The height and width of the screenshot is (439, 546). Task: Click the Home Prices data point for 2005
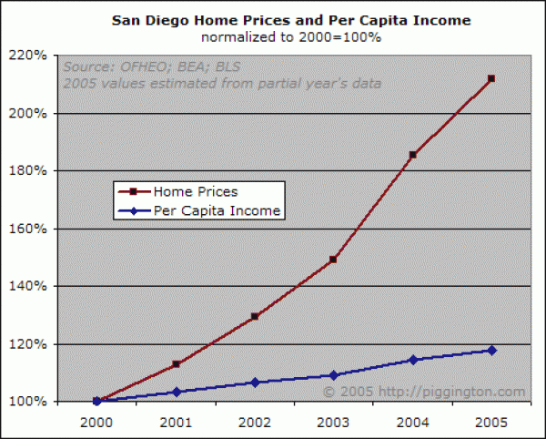[491, 79]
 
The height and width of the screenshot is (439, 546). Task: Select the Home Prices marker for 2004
[412, 155]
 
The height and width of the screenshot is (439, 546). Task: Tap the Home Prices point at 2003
[333, 260]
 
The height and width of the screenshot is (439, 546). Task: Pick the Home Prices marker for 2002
[254, 316]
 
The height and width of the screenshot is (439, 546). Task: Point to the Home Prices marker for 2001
[176, 364]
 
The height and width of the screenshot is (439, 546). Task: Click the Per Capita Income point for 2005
[491, 350]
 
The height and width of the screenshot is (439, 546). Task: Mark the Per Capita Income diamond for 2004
[412, 360]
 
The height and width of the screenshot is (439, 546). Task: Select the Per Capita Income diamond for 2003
[333, 375]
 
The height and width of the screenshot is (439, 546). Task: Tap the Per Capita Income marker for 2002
[254, 383]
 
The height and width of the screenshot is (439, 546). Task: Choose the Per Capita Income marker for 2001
[176, 392]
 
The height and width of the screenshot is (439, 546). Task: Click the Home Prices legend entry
[195, 192]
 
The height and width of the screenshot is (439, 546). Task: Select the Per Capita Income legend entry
[217, 210]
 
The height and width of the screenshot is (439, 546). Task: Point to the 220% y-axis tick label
[29, 56]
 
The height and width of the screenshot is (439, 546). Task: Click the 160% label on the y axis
[29, 229]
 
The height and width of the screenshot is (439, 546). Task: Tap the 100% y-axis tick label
[29, 402]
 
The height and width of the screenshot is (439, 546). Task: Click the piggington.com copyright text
[424, 392]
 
